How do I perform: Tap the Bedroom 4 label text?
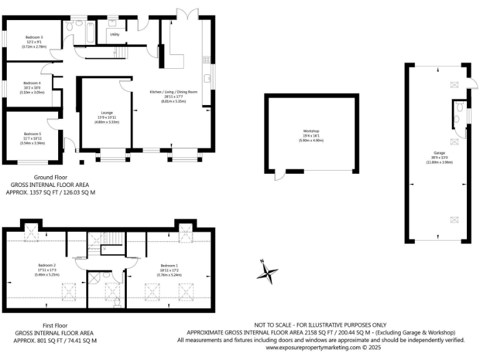pos(32,83)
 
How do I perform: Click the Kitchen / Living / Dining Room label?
pos(173,92)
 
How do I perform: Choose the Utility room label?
pos(114,34)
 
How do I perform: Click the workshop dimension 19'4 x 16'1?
pos(311,136)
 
